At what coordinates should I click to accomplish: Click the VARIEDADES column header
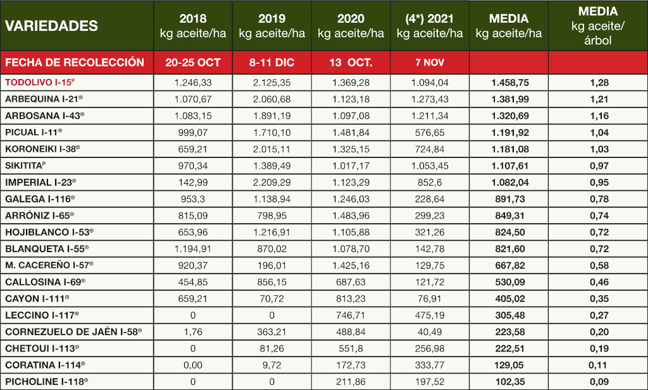coord(51,26)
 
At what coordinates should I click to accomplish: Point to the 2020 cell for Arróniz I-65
coord(351,215)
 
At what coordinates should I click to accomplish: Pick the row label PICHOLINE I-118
coord(46,381)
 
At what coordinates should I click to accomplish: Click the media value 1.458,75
coord(508,82)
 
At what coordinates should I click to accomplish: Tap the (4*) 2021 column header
coord(430,26)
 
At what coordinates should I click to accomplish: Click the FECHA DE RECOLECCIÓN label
coord(75,63)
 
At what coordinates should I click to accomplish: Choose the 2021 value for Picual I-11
coord(430,132)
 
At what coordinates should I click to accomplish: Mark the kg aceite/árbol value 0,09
coord(597,381)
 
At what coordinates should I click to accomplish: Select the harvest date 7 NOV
coord(430,63)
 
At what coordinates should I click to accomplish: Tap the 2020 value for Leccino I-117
coord(351,315)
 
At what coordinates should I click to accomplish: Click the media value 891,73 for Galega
coord(508,198)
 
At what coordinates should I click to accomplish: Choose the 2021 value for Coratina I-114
coord(430,365)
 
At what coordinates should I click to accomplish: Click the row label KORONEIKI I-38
coord(42,149)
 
